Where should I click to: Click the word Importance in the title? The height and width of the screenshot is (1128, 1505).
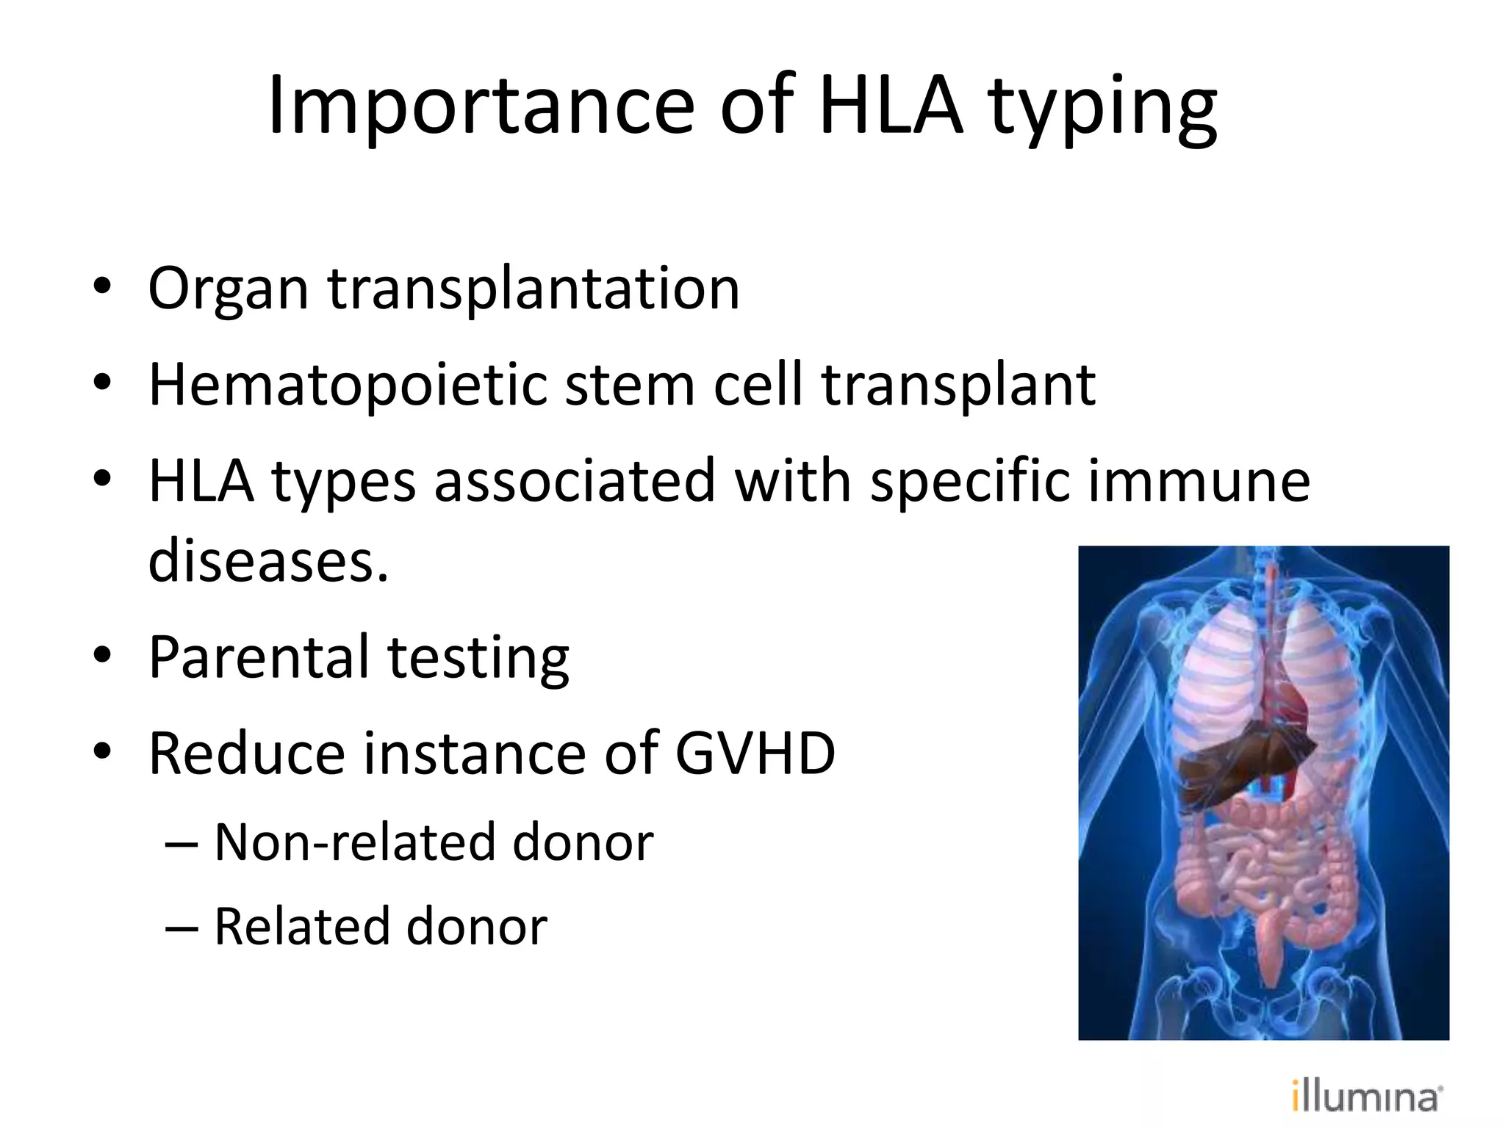[481, 106]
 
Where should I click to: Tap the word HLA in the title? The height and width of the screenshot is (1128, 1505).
[890, 106]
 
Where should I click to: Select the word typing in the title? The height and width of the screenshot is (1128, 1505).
[1102, 110]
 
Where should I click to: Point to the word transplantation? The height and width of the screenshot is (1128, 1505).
[534, 289]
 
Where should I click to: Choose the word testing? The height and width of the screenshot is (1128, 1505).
[478, 659]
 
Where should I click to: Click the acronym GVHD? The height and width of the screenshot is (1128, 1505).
[755, 754]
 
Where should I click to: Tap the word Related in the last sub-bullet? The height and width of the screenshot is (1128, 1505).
[302, 927]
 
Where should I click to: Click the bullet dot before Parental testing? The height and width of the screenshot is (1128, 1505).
[102, 656]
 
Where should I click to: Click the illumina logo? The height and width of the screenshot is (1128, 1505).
[1367, 1097]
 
